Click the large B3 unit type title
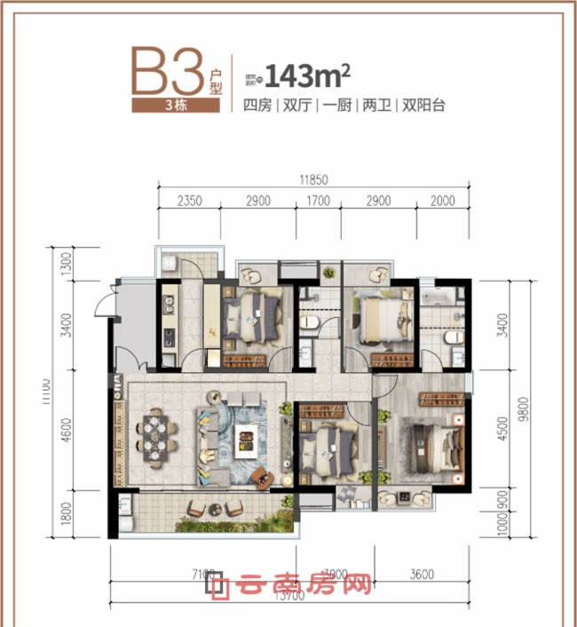pos(169,70)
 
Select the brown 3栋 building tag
pos(174,105)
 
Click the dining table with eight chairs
pos(153,436)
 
